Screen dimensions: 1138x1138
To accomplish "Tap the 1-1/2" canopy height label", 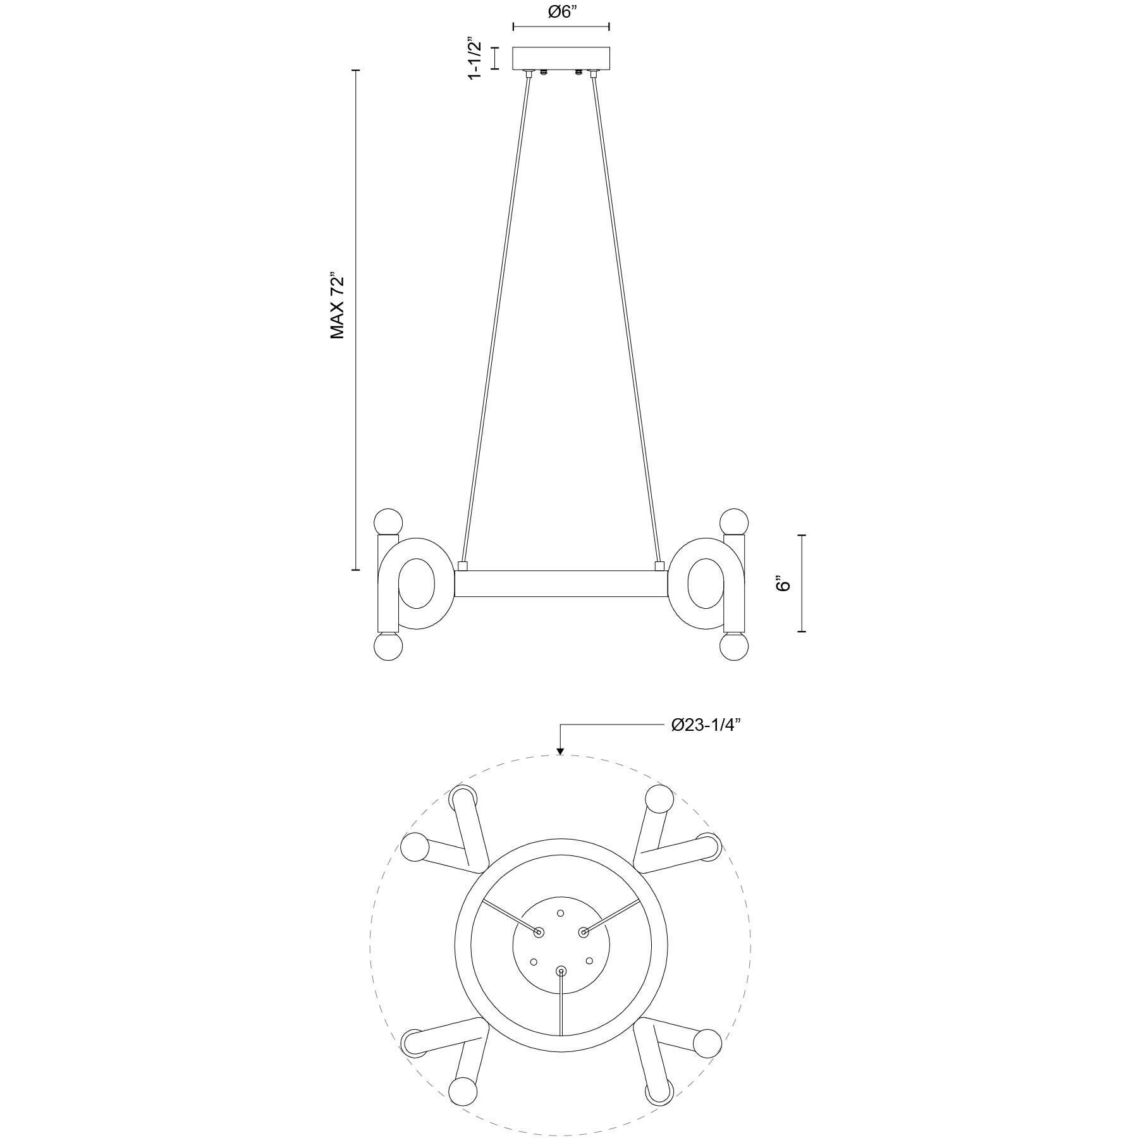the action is (x=475, y=58).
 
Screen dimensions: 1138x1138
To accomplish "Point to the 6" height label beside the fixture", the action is (x=784, y=583).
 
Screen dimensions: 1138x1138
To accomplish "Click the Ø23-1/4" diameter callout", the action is (x=706, y=725).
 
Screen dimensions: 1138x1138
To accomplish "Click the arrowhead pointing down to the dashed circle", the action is (x=560, y=751).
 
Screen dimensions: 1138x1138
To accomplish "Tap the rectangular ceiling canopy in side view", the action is (x=561, y=58).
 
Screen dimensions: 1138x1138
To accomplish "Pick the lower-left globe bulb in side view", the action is (x=389, y=647).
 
